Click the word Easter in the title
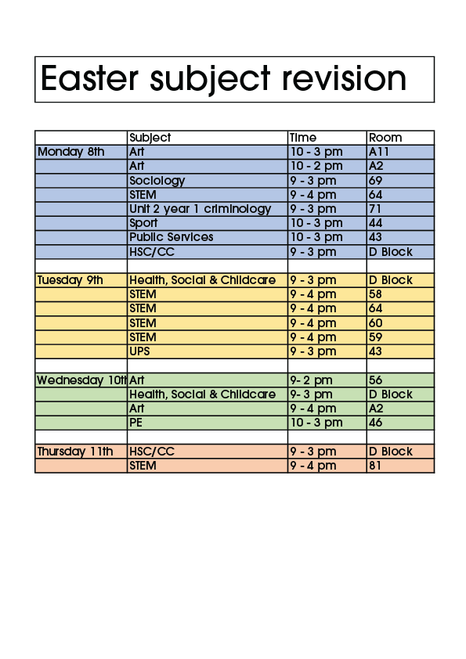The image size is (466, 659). click(82, 79)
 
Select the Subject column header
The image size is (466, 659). click(150, 138)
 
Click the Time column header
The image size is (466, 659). click(303, 138)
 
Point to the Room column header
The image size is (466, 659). click(385, 138)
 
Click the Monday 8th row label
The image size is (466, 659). click(70, 152)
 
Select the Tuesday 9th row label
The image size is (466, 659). click(70, 280)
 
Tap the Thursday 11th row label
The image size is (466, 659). click(75, 452)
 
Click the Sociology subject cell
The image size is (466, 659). click(157, 181)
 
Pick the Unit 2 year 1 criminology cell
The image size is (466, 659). click(200, 209)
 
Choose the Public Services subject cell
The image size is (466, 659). click(171, 237)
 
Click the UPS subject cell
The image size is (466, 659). click(139, 351)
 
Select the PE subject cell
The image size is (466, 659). click(136, 423)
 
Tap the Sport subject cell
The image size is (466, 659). click(143, 223)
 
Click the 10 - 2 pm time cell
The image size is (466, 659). click(316, 166)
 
